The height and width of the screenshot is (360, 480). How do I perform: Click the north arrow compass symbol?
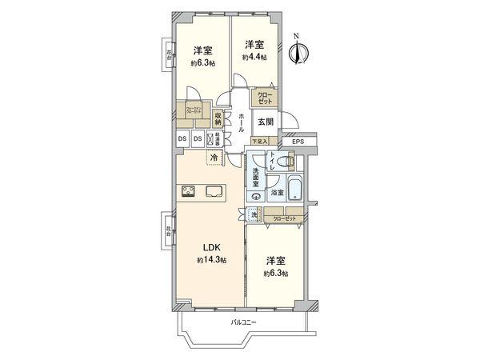pos(298,50)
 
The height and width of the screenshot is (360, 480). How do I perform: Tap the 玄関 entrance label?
pos(265,122)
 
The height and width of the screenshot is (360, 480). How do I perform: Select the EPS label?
pos(298,142)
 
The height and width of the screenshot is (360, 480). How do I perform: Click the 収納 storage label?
pos(218,118)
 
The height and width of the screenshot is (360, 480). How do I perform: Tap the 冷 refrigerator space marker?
pos(214,158)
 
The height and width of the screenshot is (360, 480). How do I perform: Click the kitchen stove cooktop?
pos(190,190)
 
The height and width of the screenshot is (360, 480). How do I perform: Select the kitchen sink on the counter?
pos(214,190)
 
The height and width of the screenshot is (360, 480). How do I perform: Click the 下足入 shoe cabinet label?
pos(261,140)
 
